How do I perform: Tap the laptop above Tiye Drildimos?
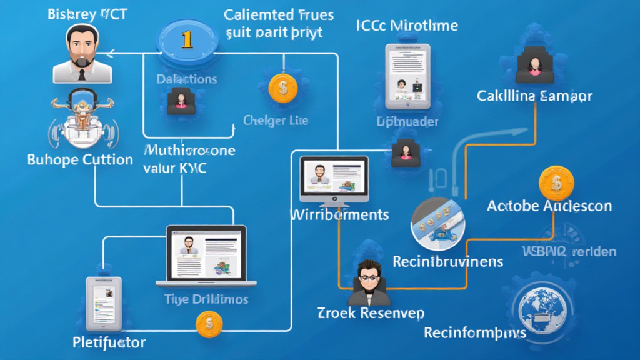pos(206,253)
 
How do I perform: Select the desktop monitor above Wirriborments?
pos(334,181)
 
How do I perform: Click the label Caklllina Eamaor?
pos(534,96)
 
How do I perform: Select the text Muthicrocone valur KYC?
pos(190,159)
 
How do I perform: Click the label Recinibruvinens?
pos(447,261)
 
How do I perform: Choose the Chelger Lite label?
pos(276,120)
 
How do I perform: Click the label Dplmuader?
pos(407,122)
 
